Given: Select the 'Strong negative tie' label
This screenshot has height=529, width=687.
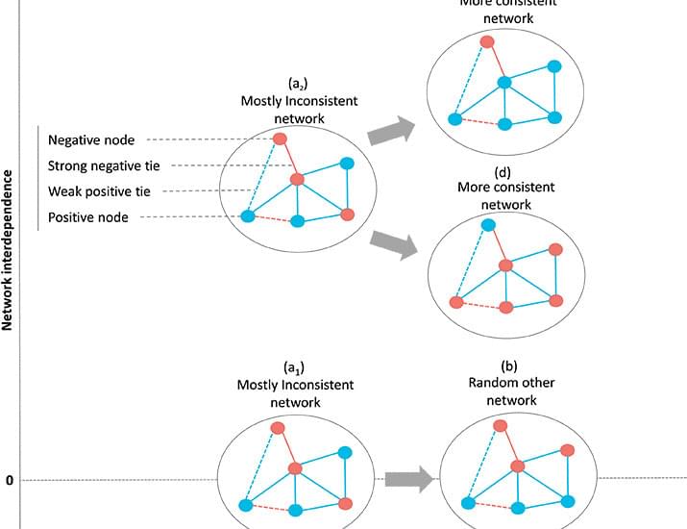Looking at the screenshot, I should [x=104, y=166].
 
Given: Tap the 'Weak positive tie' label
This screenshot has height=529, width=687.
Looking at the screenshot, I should [x=99, y=191].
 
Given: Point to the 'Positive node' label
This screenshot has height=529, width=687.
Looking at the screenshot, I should [x=87, y=217].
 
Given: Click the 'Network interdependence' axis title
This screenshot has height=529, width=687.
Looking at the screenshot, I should [x=9, y=251].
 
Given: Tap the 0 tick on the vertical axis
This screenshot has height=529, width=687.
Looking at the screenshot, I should [x=10, y=479].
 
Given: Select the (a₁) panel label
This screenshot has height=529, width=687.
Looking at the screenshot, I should [x=295, y=368].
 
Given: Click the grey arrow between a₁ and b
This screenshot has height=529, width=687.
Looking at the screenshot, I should [x=406, y=478].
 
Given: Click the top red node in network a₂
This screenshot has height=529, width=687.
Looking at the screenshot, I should [x=281, y=139].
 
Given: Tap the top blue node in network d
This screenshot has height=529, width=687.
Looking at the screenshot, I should [x=487, y=224].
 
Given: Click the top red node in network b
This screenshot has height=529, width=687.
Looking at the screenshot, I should [x=501, y=425].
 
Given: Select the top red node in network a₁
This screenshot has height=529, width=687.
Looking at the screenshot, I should [x=279, y=427].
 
